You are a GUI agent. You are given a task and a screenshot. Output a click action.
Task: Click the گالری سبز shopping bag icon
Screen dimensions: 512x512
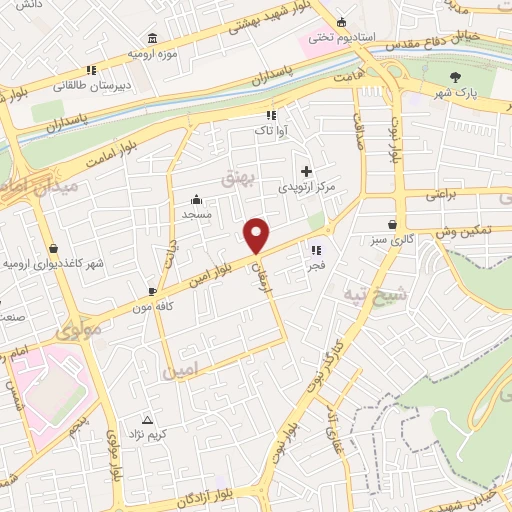[x=390, y=224]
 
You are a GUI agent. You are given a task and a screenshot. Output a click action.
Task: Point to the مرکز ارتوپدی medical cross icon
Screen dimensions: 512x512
[x=306, y=171]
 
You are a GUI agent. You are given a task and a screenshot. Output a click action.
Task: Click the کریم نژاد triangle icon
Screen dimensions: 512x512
[x=149, y=420]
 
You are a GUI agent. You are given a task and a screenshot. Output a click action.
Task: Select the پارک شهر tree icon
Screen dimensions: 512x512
[x=456, y=76]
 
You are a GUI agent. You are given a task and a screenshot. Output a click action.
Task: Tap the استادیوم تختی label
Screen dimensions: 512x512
[x=343, y=37]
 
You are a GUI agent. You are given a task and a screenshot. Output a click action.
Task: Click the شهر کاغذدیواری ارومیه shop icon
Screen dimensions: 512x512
[x=52, y=248]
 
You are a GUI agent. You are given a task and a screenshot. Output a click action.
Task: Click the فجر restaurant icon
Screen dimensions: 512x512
[x=317, y=251]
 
